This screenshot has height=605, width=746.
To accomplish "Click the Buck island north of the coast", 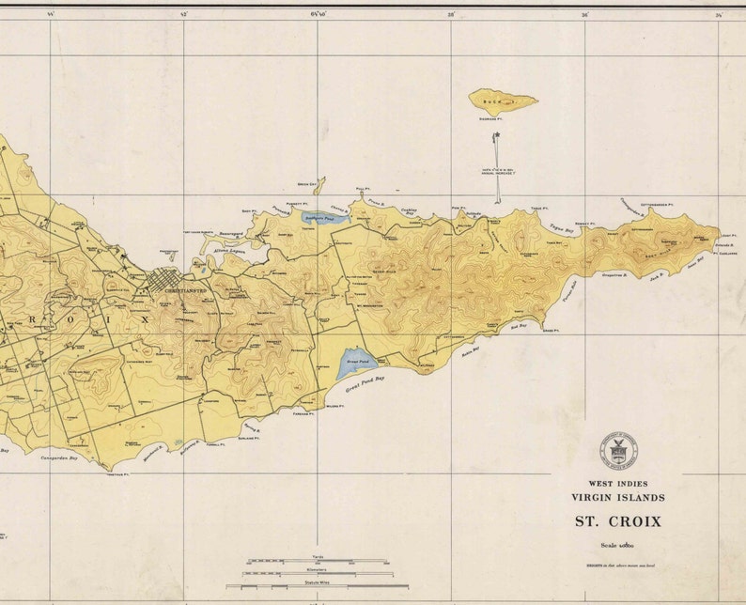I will [x=503, y=101].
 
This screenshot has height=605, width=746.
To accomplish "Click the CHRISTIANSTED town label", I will [x=184, y=291].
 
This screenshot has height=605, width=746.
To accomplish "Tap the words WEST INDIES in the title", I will [x=617, y=483].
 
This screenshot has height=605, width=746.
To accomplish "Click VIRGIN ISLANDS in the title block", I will [x=617, y=497].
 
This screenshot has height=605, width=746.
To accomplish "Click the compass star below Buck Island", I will [x=496, y=137].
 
